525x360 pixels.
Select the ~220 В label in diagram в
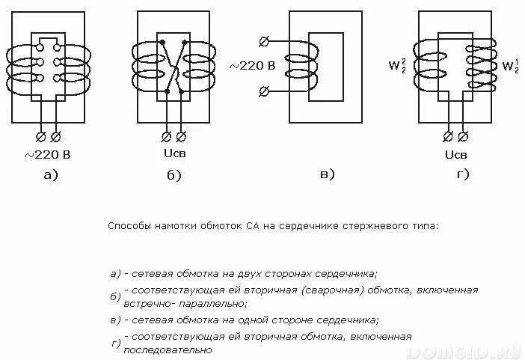pos(252,66)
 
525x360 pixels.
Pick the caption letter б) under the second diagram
pos(174,176)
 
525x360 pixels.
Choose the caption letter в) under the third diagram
pos(327,174)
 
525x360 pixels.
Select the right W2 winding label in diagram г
pos(511,67)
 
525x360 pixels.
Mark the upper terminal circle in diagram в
pos(262,41)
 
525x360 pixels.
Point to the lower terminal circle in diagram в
pos(262,91)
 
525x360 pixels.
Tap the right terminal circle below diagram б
pos(181,137)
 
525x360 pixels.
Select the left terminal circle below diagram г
pos(448,137)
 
